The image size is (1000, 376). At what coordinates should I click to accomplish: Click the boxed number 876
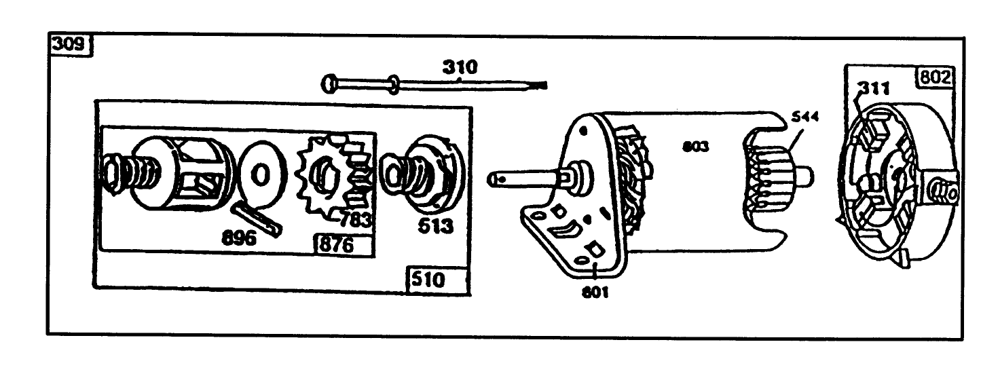click(336, 245)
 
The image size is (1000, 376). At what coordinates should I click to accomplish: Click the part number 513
click(434, 225)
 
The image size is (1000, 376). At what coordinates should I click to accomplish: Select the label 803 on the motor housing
click(695, 145)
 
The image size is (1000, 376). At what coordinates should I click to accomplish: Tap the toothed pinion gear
click(331, 178)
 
